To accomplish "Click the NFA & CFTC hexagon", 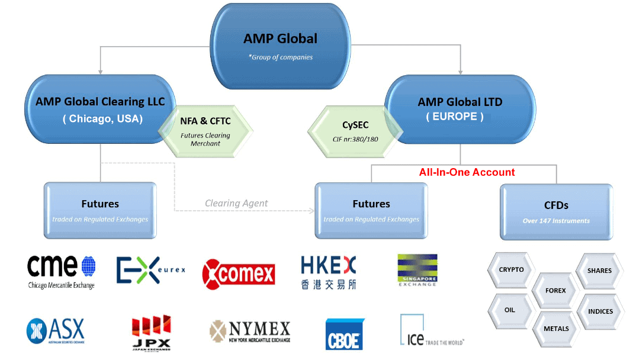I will point(205,130).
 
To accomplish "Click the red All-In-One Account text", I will point(467,172).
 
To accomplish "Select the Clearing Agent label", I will point(236,203).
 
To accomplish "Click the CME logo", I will point(62,271).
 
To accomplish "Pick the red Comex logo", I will point(239,274).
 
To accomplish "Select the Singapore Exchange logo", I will point(417,269).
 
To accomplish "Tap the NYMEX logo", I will point(250,332).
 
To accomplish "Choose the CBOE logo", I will point(345,334).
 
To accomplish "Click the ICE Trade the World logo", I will point(431,332).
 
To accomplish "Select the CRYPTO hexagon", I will point(511,269).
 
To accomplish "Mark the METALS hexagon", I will point(555,328).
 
